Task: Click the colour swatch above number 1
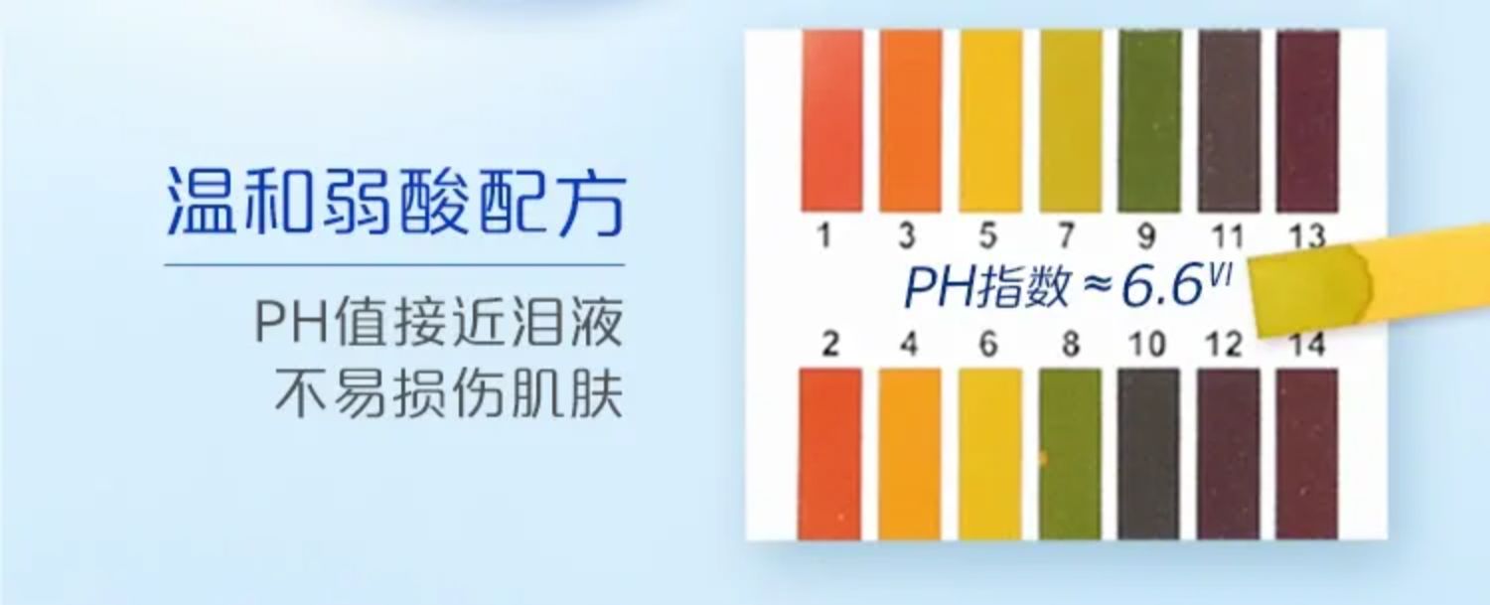(x=832, y=120)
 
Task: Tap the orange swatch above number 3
(x=911, y=120)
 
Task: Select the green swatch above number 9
(x=1150, y=120)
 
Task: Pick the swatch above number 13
(x=1308, y=120)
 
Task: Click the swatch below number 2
(x=830, y=454)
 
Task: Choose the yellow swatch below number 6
(x=989, y=454)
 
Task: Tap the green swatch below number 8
(x=1070, y=454)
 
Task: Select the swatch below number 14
(x=1307, y=454)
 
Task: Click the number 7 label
(x=1067, y=235)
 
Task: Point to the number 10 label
(x=1147, y=344)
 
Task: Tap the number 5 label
(x=987, y=235)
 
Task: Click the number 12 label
(x=1225, y=344)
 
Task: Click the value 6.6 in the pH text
(x=1163, y=286)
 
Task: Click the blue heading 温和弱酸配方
(x=395, y=202)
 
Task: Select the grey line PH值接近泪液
(x=439, y=322)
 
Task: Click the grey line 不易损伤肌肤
(x=449, y=393)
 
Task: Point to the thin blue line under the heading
(x=395, y=265)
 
